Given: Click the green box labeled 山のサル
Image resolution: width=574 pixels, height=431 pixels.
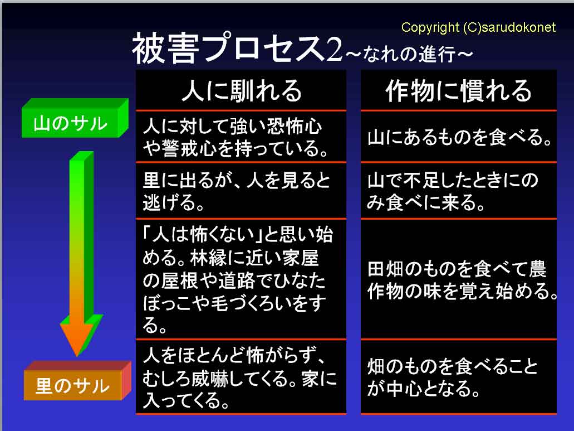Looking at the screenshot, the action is [75, 118].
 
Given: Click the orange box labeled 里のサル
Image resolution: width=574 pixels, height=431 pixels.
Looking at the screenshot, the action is [77, 381].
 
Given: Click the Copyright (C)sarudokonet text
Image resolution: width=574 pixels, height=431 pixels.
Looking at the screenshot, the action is [478, 27].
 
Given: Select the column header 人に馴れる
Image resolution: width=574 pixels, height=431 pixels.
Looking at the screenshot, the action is [241, 90].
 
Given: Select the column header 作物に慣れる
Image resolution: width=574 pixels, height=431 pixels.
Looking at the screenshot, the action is [458, 90].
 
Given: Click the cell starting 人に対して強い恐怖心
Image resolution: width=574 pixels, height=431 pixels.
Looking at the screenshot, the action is [241, 137].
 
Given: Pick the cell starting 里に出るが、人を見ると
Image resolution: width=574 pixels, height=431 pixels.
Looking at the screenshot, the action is [241, 191].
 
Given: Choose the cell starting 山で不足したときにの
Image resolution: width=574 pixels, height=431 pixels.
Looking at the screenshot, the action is [458, 191].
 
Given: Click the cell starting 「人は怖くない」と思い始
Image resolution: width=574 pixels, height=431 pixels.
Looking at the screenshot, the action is [241, 279].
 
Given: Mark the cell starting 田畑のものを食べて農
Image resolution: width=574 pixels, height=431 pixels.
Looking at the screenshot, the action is [458, 279].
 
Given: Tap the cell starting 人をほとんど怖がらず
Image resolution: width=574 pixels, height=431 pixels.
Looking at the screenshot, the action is [241, 377].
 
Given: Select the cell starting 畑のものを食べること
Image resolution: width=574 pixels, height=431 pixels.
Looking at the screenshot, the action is [458, 377].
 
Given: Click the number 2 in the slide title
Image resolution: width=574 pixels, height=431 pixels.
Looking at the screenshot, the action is [334, 50].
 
